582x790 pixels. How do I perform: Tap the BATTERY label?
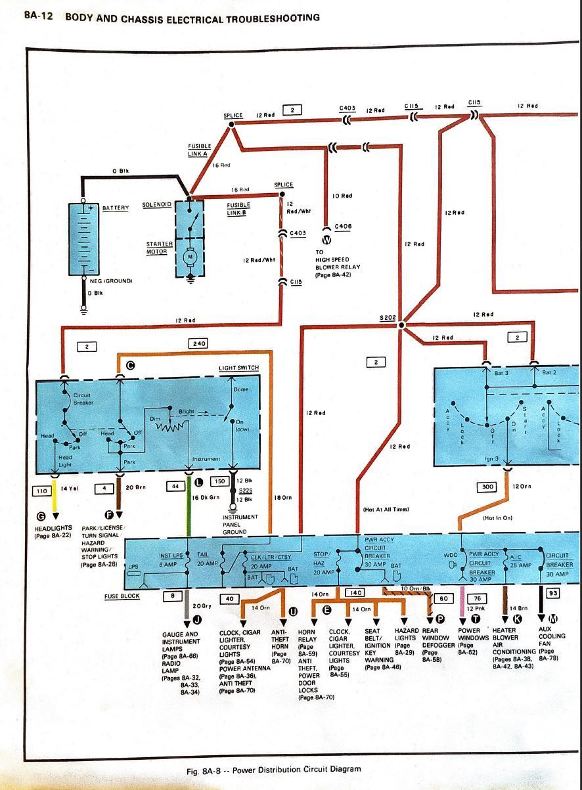tap(115, 208)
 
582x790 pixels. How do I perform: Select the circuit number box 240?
tap(198, 343)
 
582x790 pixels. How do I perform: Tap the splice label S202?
tap(388, 318)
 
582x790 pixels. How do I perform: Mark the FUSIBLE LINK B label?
tap(238, 208)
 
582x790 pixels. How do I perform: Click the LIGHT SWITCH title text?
tap(238, 368)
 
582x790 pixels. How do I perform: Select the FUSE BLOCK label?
tap(121, 596)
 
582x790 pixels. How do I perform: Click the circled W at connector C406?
tap(326, 239)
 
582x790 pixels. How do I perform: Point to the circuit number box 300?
tap(487, 487)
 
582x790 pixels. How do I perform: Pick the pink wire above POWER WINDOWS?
tap(464, 603)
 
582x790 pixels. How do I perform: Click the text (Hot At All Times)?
tap(386, 509)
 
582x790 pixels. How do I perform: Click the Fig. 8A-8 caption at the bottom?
tap(273, 769)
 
